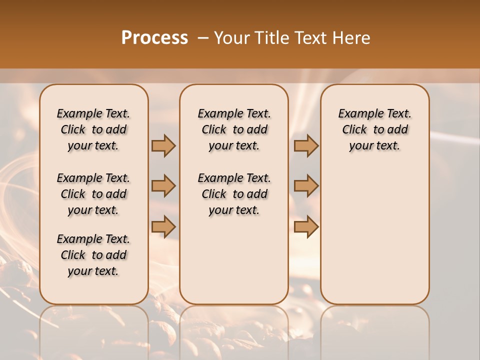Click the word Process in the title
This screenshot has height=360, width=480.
point(154,38)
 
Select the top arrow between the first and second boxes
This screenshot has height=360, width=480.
point(163,145)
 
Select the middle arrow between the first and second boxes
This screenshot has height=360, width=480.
point(163,186)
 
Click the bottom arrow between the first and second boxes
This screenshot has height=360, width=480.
point(163,226)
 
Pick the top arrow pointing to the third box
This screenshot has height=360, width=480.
point(306,145)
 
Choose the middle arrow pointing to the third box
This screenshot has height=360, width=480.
point(306,186)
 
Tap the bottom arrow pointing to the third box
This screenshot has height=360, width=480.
point(306,226)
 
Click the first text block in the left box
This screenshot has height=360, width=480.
point(93,129)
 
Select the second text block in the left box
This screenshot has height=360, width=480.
point(93,194)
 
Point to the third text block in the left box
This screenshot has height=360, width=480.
point(93,255)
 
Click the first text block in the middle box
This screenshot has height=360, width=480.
point(234,129)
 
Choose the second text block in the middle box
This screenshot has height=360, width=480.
point(234,194)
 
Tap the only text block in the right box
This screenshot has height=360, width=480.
point(375,129)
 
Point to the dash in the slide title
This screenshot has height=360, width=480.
point(203,38)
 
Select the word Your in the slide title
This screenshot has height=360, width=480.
point(230,38)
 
